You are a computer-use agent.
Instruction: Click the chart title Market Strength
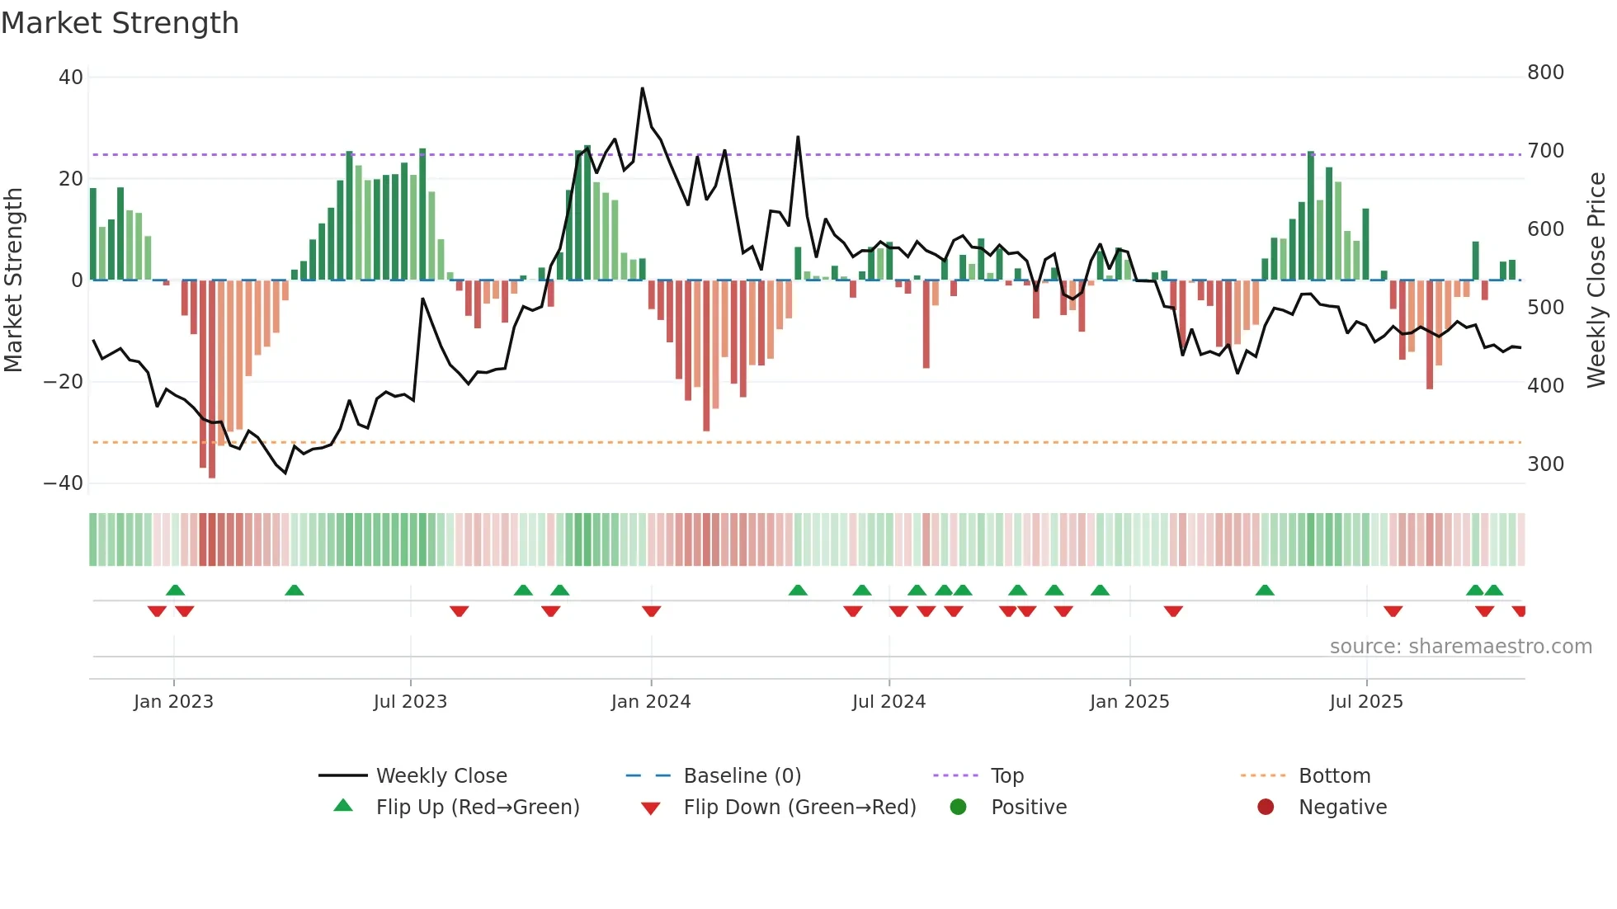120,23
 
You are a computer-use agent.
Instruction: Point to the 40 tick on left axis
71,78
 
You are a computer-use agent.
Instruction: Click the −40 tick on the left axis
64,483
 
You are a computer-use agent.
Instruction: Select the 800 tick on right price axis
1545,73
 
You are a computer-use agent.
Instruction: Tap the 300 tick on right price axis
1545,464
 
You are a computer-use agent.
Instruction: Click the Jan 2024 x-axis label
651,702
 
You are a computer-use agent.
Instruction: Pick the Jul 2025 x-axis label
1366,702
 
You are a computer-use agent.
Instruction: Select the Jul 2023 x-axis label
410,702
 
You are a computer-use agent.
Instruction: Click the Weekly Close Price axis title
1596,280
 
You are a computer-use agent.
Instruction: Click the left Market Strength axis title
13,280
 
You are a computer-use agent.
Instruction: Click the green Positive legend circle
958,808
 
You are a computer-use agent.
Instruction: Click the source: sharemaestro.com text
1460,647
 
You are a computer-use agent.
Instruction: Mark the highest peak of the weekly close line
643,88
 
